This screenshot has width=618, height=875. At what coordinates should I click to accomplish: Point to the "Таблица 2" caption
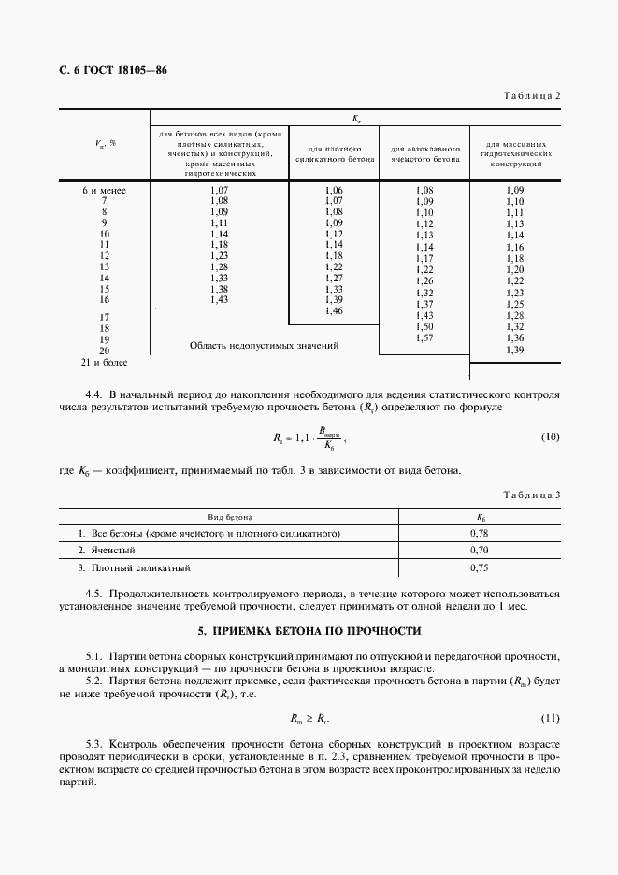(x=531, y=96)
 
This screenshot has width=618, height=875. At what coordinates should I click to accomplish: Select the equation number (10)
(x=550, y=437)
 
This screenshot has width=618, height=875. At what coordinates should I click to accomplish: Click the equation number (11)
(x=550, y=718)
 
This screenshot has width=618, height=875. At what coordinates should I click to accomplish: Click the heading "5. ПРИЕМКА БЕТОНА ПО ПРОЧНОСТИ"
(x=309, y=631)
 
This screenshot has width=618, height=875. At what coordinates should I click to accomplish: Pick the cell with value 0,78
(x=480, y=533)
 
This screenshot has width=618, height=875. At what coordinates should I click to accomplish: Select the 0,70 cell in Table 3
(x=480, y=550)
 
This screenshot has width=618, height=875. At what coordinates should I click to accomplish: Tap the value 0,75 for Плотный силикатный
(x=480, y=567)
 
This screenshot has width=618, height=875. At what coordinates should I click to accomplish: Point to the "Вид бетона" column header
(x=229, y=515)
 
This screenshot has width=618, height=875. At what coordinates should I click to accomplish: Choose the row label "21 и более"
(x=105, y=361)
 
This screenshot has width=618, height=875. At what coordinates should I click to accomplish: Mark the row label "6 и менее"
(x=105, y=191)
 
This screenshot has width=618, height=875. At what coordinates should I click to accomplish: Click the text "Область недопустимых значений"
(x=264, y=345)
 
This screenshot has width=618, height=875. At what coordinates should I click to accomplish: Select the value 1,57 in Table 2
(x=424, y=337)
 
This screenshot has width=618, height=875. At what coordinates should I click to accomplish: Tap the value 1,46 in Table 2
(x=334, y=310)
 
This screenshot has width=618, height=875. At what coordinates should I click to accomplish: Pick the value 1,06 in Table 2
(x=334, y=191)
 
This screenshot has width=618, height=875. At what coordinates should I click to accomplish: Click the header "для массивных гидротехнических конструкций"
(x=514, y=154)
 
